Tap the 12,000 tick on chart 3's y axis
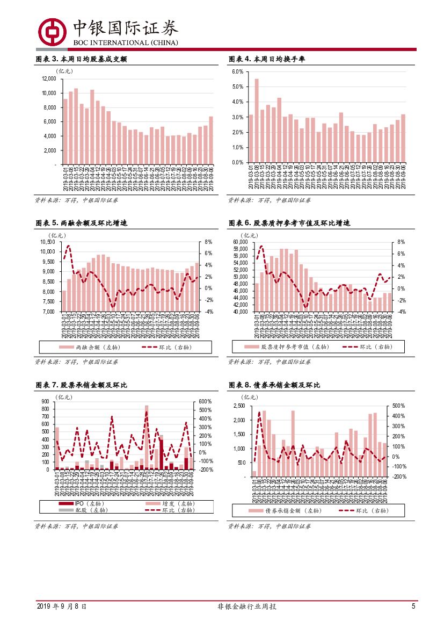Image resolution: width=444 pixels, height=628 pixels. coord(48,78)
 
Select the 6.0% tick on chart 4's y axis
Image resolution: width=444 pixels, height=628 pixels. coord(238,71)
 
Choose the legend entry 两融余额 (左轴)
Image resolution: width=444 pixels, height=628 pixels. coord(92,347)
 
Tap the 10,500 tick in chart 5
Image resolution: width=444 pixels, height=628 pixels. coord(48,242)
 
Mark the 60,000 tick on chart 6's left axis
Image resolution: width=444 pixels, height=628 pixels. coord(240,242)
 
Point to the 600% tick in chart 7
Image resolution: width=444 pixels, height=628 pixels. coord(206,401)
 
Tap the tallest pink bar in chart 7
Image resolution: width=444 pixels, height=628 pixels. coord(147,437)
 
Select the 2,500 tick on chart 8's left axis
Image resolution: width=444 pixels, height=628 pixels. coord(239,406)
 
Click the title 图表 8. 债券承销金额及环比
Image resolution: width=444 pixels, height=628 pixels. coord(275,385)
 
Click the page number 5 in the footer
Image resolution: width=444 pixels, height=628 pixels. coord(413,606)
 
